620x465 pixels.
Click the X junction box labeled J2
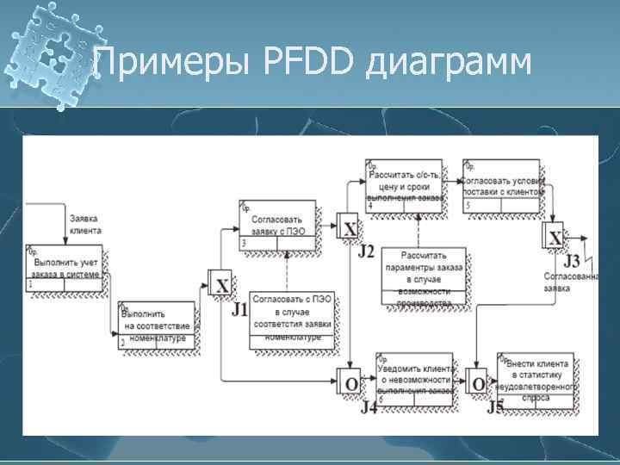pos(349,228)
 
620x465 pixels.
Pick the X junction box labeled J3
pos(555,239)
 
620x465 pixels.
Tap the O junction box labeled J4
pos(350,381)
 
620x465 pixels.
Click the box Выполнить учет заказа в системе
pos(66,268)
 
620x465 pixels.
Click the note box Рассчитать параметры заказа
pos(424,276)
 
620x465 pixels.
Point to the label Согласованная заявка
pos(569,282)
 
